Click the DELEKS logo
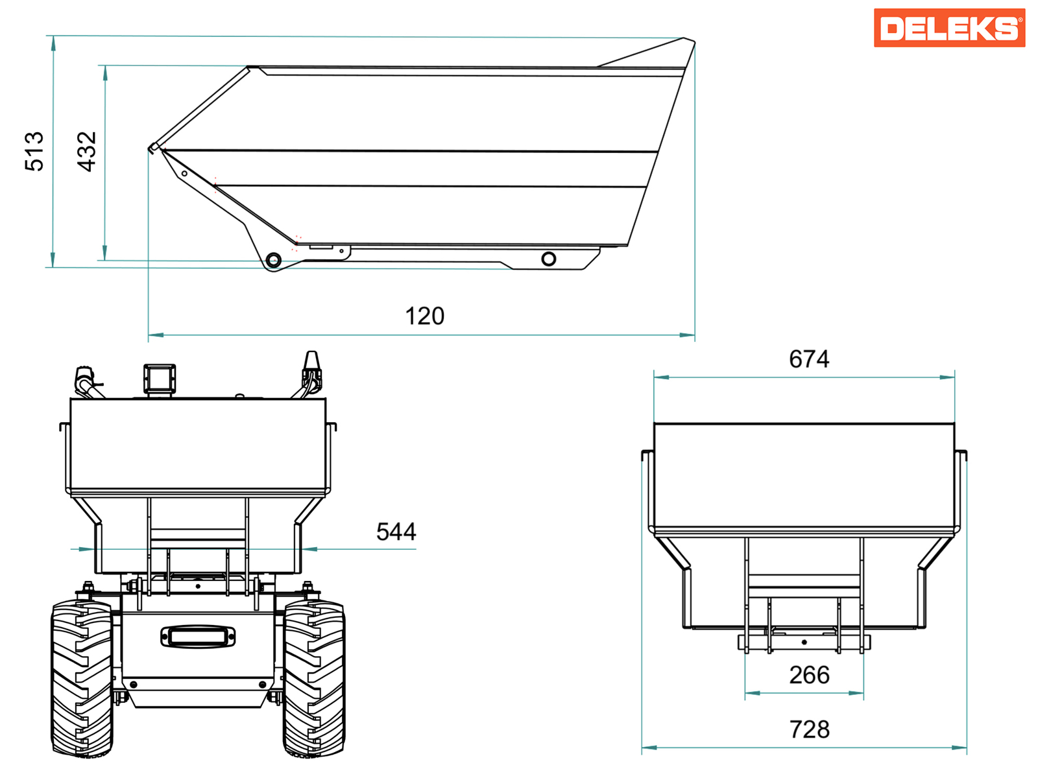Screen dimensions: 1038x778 [x=949, y=28]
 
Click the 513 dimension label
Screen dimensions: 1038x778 [x=34, y=151]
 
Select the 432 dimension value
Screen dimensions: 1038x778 [x=86, y=151]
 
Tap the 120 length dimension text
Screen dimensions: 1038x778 [x=425, y=316]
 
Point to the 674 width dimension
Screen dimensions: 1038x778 [x=808, y=359]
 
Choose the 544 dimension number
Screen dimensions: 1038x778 [x=396, y=532]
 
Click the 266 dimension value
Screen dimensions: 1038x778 [x=809, y=675]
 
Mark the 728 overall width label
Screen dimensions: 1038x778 [x=809, y=729]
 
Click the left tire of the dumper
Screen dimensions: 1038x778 [x=82, y=678]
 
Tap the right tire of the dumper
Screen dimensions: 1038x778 [x=314, y=678]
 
